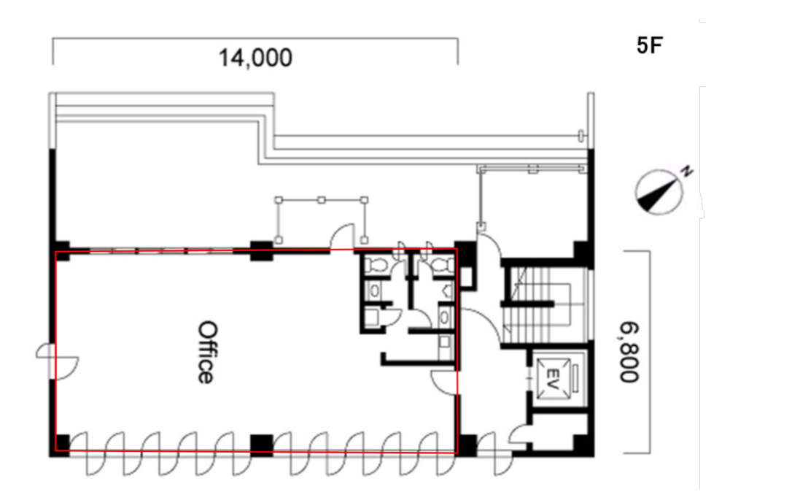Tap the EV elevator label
pyautogui.click(x=552, y=378)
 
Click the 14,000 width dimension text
pyautogui.click(x=255, y=58)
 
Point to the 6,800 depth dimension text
pyautogui.click(x=629, y=353)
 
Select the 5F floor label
pyautogui.click(x=649, y=45)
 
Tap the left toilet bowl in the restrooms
pyautogui.click(x=376, y=264)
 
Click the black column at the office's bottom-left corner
pyautogui.click(x=61, y=445)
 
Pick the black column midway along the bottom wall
pyautogui.click(x=262, y=445)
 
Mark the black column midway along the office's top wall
pyautogui.click(x=262, y=251)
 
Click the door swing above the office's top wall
pyautogui.click(x=342, y=236)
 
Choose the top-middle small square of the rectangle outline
pyautogui.click(x=321, y=200)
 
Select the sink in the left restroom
pyautogui.click(x=375, y=291)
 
